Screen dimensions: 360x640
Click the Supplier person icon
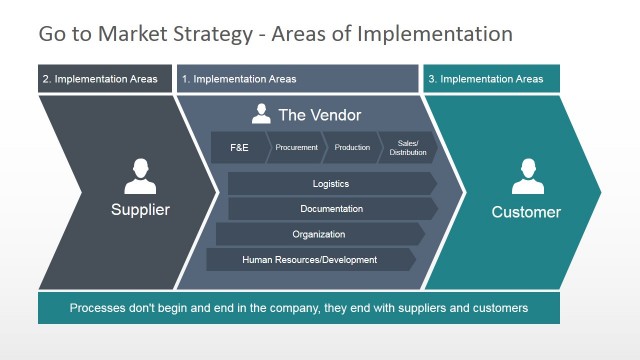(140, 177)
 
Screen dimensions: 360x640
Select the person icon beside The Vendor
(261, 114)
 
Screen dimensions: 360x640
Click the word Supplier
(140, 210)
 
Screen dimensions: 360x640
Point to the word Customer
(526, 212)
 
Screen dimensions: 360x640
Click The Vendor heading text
(319, 115)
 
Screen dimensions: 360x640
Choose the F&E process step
(240, 148)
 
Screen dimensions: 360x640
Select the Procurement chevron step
(297, 148)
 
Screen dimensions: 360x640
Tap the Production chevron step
(352, 148)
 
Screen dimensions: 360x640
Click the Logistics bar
(331, 184)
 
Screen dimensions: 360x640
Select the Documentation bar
(331, 209)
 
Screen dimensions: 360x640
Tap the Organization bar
(319, 234)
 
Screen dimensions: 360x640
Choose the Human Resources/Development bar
(310, 260)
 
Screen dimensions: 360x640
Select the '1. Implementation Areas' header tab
(297, 79)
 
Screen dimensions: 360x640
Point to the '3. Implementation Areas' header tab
(491, 79)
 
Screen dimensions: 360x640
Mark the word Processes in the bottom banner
(100, 308)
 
